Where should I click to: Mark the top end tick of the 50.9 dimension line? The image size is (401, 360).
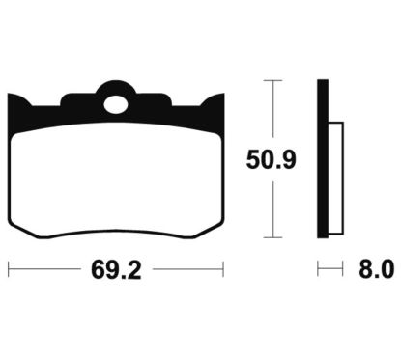(277, 80)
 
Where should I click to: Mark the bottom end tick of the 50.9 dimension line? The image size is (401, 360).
(277, 235)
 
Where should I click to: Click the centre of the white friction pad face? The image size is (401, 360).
(117, 174)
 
